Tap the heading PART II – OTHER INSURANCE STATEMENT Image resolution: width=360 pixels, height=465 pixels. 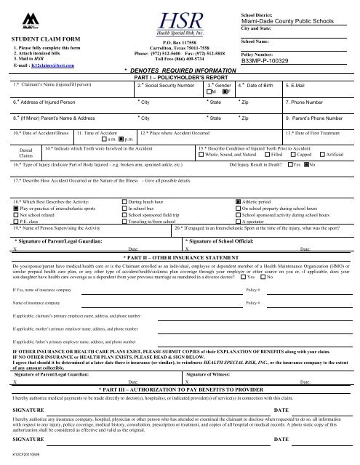180,257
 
